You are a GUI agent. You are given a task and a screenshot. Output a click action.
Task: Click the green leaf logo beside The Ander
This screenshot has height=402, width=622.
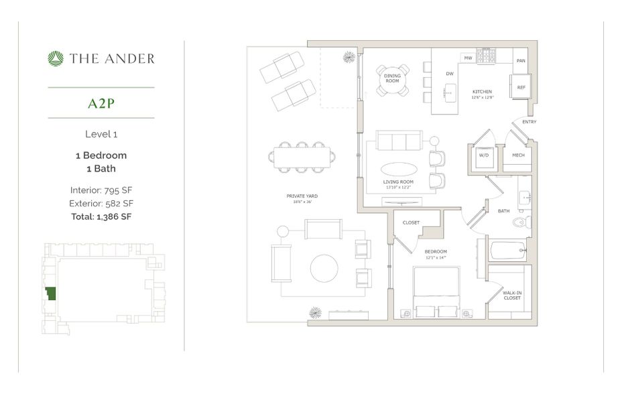click(56, 59)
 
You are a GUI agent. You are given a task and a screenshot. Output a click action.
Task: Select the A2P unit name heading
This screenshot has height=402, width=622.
click(101, 103)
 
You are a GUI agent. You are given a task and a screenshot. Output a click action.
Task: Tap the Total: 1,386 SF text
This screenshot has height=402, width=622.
click(101, 216)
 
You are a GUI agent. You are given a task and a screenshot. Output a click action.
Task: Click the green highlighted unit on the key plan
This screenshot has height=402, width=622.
click(50, 293)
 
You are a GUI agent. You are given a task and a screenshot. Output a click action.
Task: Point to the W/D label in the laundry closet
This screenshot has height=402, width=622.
click(482, 155)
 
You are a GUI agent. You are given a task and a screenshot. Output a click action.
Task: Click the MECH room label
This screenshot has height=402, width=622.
click(517, 155)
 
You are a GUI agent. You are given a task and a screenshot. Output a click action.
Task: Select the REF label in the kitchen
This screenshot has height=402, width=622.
click(521, 87)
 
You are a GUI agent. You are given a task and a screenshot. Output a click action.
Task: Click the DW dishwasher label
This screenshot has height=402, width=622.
click(450, 74)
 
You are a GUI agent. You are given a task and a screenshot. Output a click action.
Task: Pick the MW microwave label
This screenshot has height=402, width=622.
click(468, 58)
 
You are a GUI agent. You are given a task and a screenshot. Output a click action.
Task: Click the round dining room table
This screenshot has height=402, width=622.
click(392, 80)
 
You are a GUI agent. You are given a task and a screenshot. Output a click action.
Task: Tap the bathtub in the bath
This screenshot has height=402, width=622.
click(507, 251)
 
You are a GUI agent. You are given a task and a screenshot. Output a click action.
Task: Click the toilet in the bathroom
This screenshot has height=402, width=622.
click(526, 222)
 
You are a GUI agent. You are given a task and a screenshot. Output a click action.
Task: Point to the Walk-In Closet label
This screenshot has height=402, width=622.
click(513, 295)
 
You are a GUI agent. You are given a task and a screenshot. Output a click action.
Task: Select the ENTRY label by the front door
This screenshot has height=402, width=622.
click(529, 122)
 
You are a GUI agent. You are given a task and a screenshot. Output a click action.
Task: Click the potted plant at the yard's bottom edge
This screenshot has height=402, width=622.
click(315, 313)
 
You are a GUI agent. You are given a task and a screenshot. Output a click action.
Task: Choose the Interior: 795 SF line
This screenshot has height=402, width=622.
click(101, 190)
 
